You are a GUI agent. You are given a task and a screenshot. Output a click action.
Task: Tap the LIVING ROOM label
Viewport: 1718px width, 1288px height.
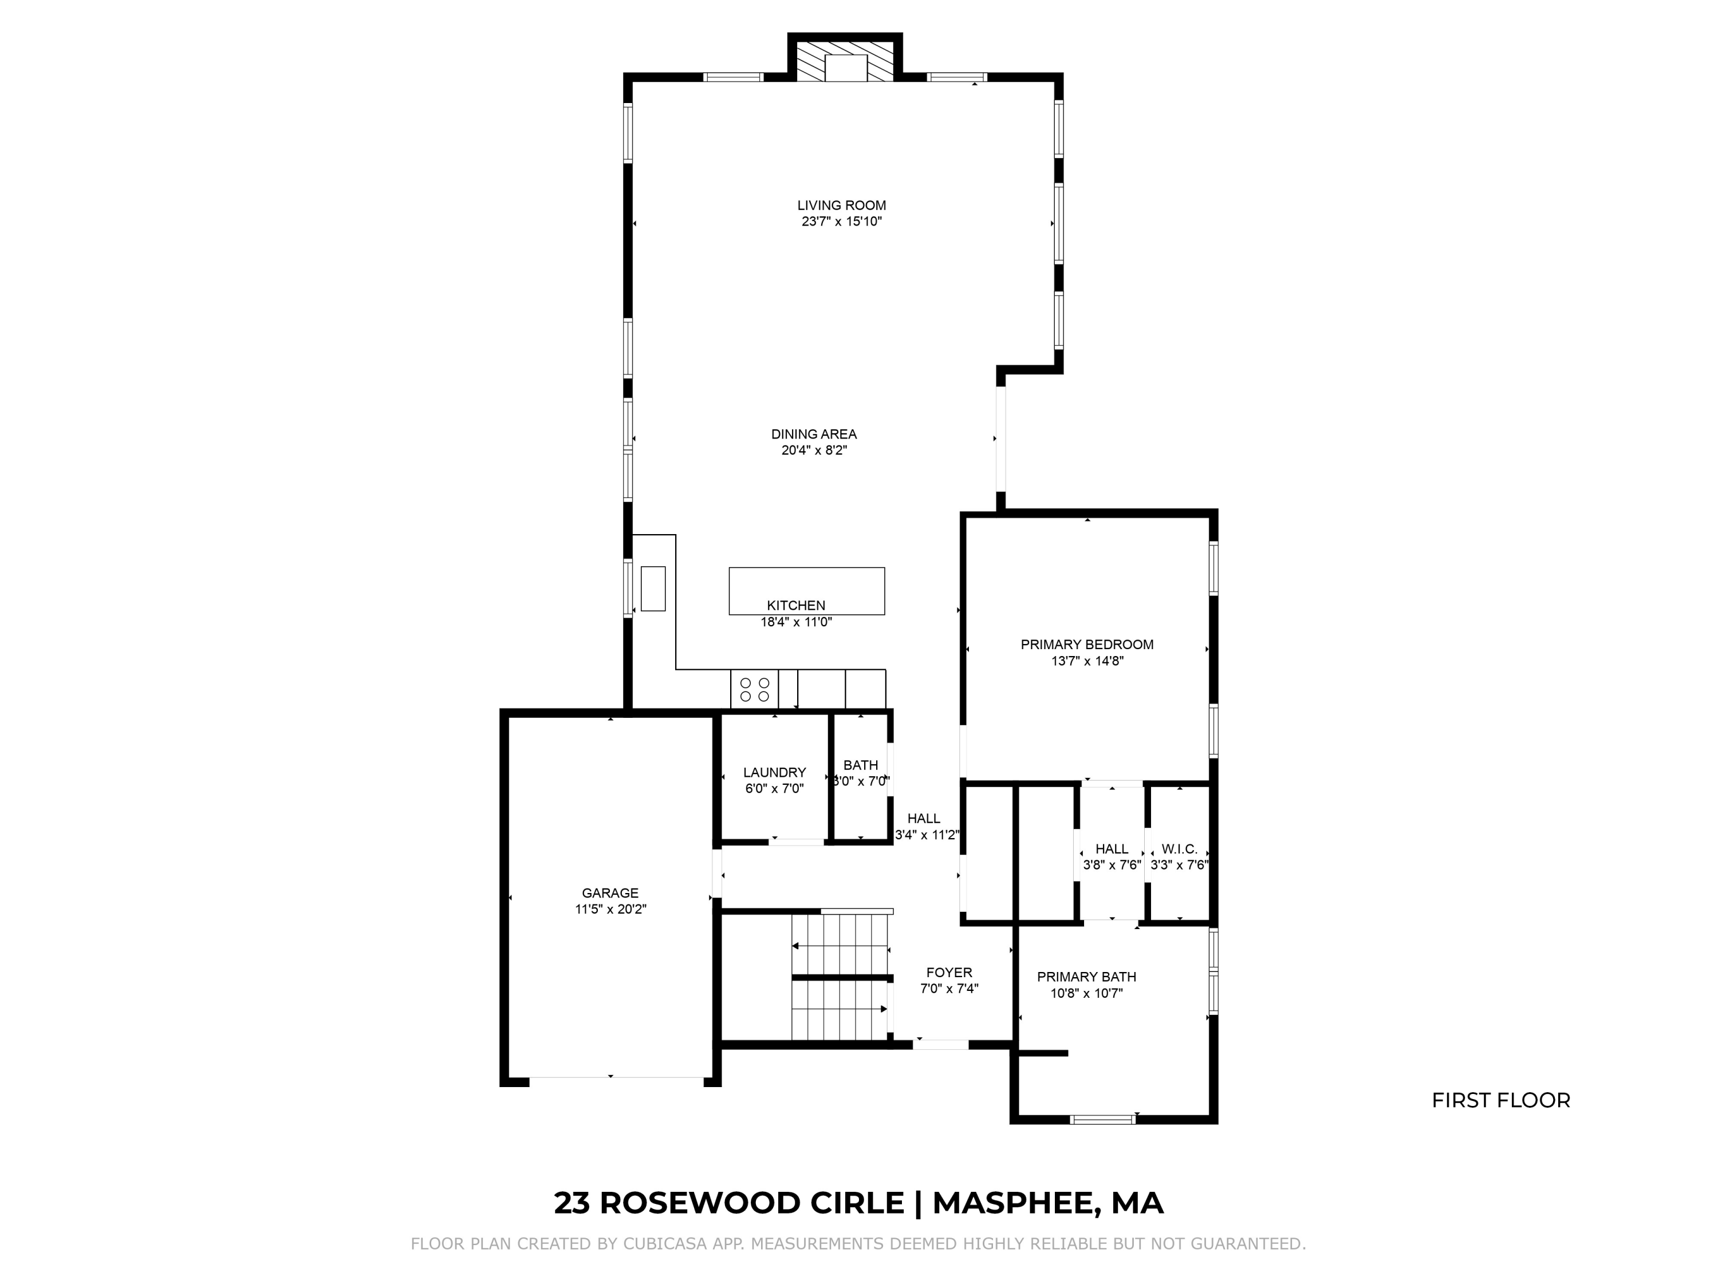(841, 206)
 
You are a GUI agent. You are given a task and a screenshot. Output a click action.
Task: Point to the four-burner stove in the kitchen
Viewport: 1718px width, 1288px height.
(754, 689)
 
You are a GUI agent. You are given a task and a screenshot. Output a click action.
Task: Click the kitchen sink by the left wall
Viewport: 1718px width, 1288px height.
(653, 588)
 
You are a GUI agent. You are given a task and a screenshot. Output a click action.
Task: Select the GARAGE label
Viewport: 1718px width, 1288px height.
(610, 894)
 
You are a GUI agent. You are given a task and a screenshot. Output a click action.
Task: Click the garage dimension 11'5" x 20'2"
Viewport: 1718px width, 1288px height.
(610, 909)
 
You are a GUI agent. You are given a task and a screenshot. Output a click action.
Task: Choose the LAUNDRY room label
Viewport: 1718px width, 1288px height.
(774, 772)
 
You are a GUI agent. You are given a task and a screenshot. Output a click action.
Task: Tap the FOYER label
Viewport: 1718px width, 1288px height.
(949, 973)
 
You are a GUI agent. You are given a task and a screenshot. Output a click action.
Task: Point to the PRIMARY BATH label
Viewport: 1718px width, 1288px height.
(1086, 977)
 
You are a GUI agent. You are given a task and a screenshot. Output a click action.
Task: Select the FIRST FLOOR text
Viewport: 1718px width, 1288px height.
(1500, 1100)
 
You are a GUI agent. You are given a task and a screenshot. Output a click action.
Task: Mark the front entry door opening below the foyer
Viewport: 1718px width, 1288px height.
(940, 1045)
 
